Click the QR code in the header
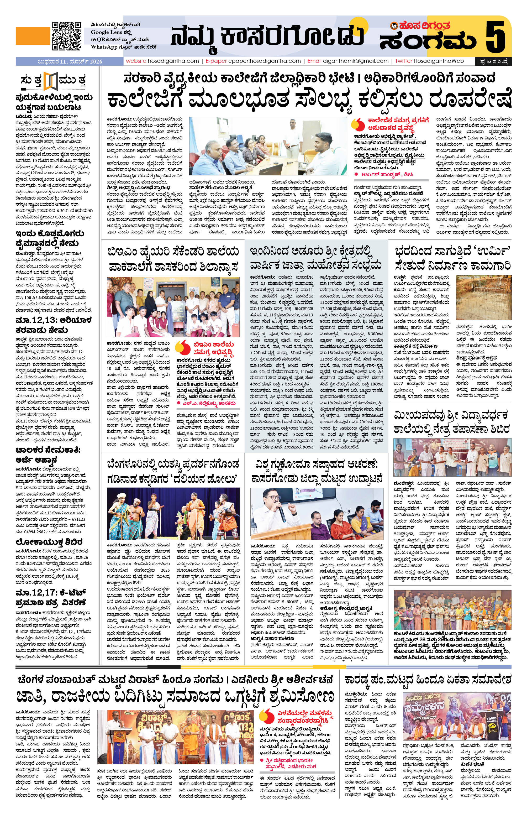click(x=66, y=36)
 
